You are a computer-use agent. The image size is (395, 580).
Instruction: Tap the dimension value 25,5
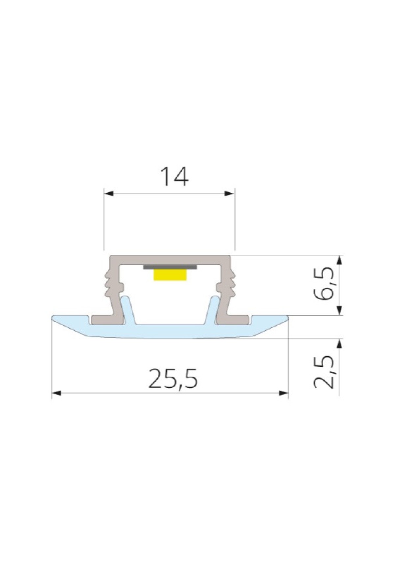[x=173, y=379]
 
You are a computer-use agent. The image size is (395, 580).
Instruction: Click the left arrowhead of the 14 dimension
[x=109, y=193]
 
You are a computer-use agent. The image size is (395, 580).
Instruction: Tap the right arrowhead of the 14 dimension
[x=229, y=193]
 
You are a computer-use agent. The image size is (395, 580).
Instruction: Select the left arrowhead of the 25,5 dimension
[x=57, y=393]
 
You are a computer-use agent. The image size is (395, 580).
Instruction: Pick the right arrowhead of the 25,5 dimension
[x=283, y=393]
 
